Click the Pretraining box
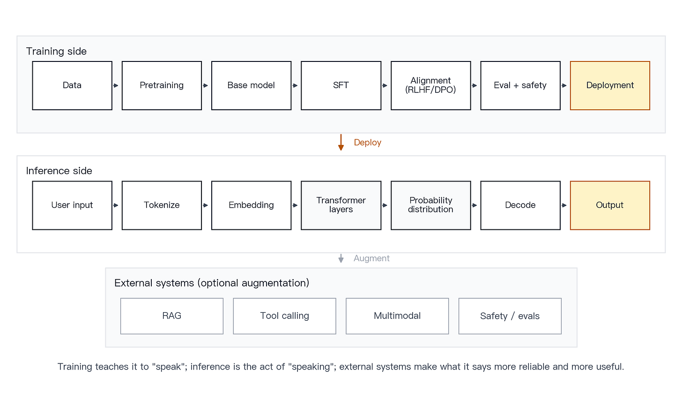point(162,85)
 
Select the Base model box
point(251,85)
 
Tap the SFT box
point(341,85)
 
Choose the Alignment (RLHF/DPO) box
point(430,85)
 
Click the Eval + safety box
point(520,85)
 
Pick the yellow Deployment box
point(610,85)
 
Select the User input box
point(72,205)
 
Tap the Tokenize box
point(162,205)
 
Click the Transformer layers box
point(341,205)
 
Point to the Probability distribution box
point(430,205)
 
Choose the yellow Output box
point(610,205)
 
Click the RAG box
point(172,316)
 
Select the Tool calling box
point(284,316)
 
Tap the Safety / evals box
point(510,316)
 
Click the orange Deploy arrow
point(341,142)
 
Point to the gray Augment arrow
point(341,258)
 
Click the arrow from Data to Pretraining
point(116,86)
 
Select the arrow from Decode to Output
point(564,205)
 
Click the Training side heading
point(56,51)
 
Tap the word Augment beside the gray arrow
point(371,258)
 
